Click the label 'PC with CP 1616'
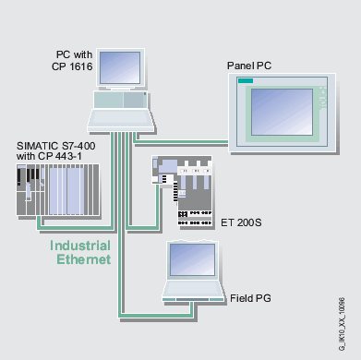[x=72, y=60]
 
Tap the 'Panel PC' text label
[x=249, y=66]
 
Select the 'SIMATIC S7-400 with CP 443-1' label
[x=55, y=150]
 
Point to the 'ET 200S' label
[x=241, y=222]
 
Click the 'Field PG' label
[x=250, y=298]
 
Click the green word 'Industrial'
[x=80, y=246]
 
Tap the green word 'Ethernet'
[x=84, y=259]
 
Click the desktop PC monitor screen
[x=120, y=67]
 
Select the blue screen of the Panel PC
[x=282, y=112]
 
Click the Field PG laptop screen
[x=193, y=259]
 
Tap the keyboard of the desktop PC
[x=120, y=120]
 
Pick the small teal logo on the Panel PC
[x=246, y=80]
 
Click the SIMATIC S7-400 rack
[x=58, y=189]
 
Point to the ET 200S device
[x=182, y=191]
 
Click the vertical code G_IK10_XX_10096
[x=342, y=324]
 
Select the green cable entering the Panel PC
[x=181, y=142]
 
